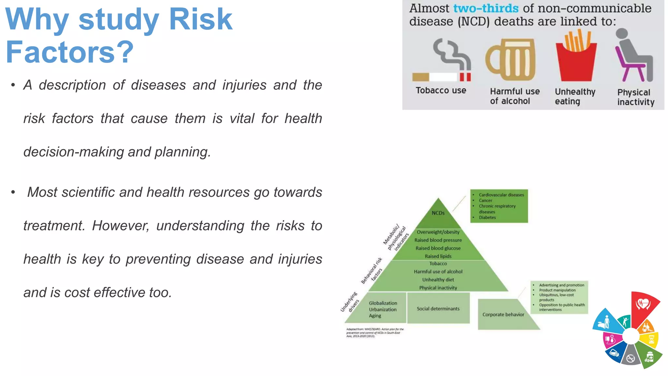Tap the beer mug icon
[x=511, y=60]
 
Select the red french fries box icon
[x=576, y=62]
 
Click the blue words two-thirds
[x=486, y=8]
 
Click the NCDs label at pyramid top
[x=438, y=213]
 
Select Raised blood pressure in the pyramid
[x=438, y=240]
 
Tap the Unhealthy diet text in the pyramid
[x=438, y=280]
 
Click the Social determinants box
[x=438, y=308]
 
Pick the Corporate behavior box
[x=503, y=315]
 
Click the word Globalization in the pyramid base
[x=383, y=303]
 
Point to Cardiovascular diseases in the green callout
[x=501, y=195]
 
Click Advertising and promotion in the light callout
[x=561, y=285]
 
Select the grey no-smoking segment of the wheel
[x=630, y=358]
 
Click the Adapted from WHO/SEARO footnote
[x=375, y=333]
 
